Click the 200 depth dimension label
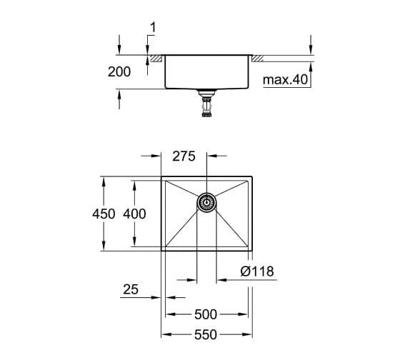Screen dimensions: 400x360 119,71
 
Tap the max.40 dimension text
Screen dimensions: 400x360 285,79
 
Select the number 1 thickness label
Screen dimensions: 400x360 153,28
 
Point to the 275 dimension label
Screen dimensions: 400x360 184,156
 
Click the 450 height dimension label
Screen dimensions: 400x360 104,214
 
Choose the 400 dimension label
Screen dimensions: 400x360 134,214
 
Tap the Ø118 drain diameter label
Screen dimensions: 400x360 257,271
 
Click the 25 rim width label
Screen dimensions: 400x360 131,289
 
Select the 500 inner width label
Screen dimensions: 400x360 206,314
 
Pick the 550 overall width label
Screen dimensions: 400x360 206,335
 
